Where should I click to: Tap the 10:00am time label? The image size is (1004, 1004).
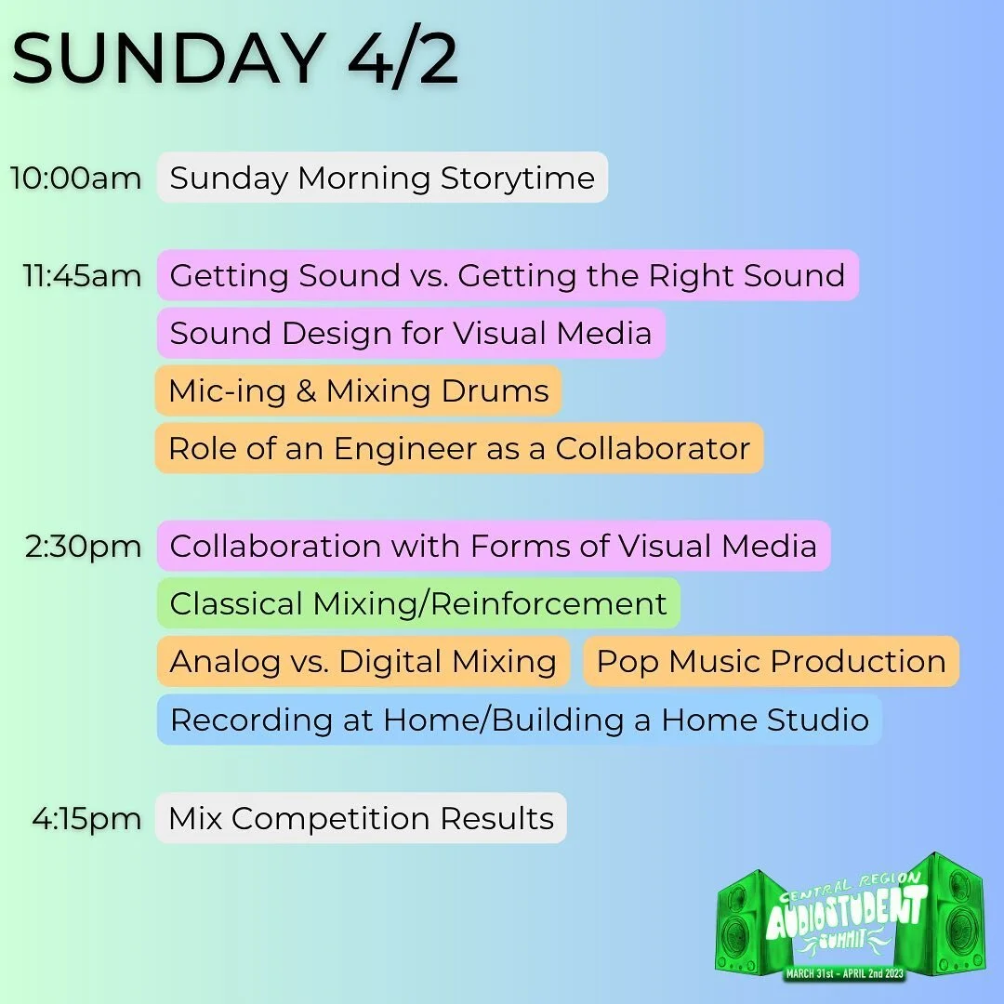tap(76, 178)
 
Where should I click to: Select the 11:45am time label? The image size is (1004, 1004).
tap(83, 275)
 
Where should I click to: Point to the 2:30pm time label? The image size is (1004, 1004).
tap(84, 546)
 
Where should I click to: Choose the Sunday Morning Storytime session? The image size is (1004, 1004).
tap(382, 178)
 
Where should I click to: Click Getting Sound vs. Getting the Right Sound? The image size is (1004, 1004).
tap(508, 275)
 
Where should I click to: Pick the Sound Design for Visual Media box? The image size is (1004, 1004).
tap(411, 333)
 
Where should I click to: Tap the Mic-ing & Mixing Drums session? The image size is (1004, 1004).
tap(359, 390)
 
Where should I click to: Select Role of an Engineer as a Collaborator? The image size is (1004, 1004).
tap(459, 448)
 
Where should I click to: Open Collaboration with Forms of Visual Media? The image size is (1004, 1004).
tap(494, 546)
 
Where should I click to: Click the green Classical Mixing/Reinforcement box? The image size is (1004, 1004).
tap(418, 603)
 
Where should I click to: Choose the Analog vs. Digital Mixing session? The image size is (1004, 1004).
tap(363, 661)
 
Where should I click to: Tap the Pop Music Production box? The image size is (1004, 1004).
tap(771, 661)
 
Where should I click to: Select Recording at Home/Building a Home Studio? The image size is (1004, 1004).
tap(520, 720)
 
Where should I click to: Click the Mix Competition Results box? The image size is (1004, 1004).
tap(361, 818)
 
